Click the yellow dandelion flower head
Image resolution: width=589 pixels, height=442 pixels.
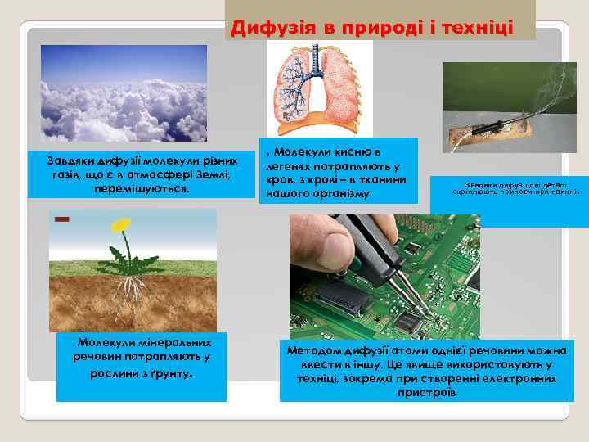point(121,223)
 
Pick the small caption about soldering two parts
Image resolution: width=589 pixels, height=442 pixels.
point(516,188)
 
